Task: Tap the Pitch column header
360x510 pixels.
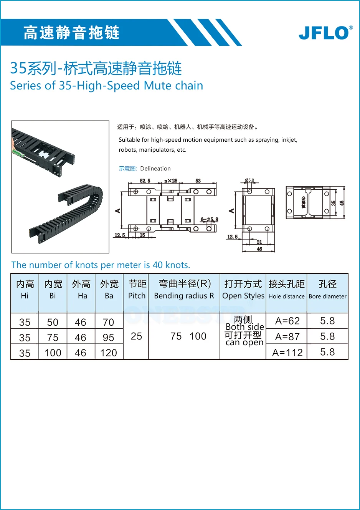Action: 137,290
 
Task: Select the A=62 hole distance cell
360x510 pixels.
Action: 287,321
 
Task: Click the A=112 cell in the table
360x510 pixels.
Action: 287,352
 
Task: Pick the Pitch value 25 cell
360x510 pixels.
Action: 136,336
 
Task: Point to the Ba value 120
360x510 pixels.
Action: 109,353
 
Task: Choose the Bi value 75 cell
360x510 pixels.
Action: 53,338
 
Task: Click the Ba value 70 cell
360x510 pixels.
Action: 109,322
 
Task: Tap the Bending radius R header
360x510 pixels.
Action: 184,290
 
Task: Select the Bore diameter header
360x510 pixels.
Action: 327,290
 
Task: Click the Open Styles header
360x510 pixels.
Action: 243,290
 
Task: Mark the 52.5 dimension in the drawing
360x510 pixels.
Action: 145,180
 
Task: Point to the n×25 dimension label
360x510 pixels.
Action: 171,180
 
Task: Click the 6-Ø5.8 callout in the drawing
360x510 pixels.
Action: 209,220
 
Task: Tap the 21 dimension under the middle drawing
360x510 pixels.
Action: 259,242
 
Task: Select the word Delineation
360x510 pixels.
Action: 155,169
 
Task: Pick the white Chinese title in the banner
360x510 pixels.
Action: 71,33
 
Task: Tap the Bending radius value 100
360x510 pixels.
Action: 198,336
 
